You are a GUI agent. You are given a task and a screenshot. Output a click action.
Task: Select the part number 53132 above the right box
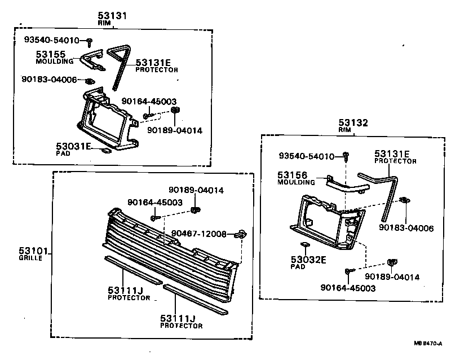pyautogui.click(x=352, y=122)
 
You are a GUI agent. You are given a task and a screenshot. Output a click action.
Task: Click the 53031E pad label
pyautogui.click(x=73, y=146)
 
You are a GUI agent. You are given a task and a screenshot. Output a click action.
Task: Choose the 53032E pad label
pyautogui.click(x=309, y=260)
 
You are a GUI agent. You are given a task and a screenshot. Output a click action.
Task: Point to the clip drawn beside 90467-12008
pyautogui.click(x=241, y=234)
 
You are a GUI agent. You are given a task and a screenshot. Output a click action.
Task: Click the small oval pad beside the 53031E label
pyautogui.click(x=105, y=151)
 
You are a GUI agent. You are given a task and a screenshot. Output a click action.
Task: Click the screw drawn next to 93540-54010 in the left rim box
pyautogui.click(x=90, y=40)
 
